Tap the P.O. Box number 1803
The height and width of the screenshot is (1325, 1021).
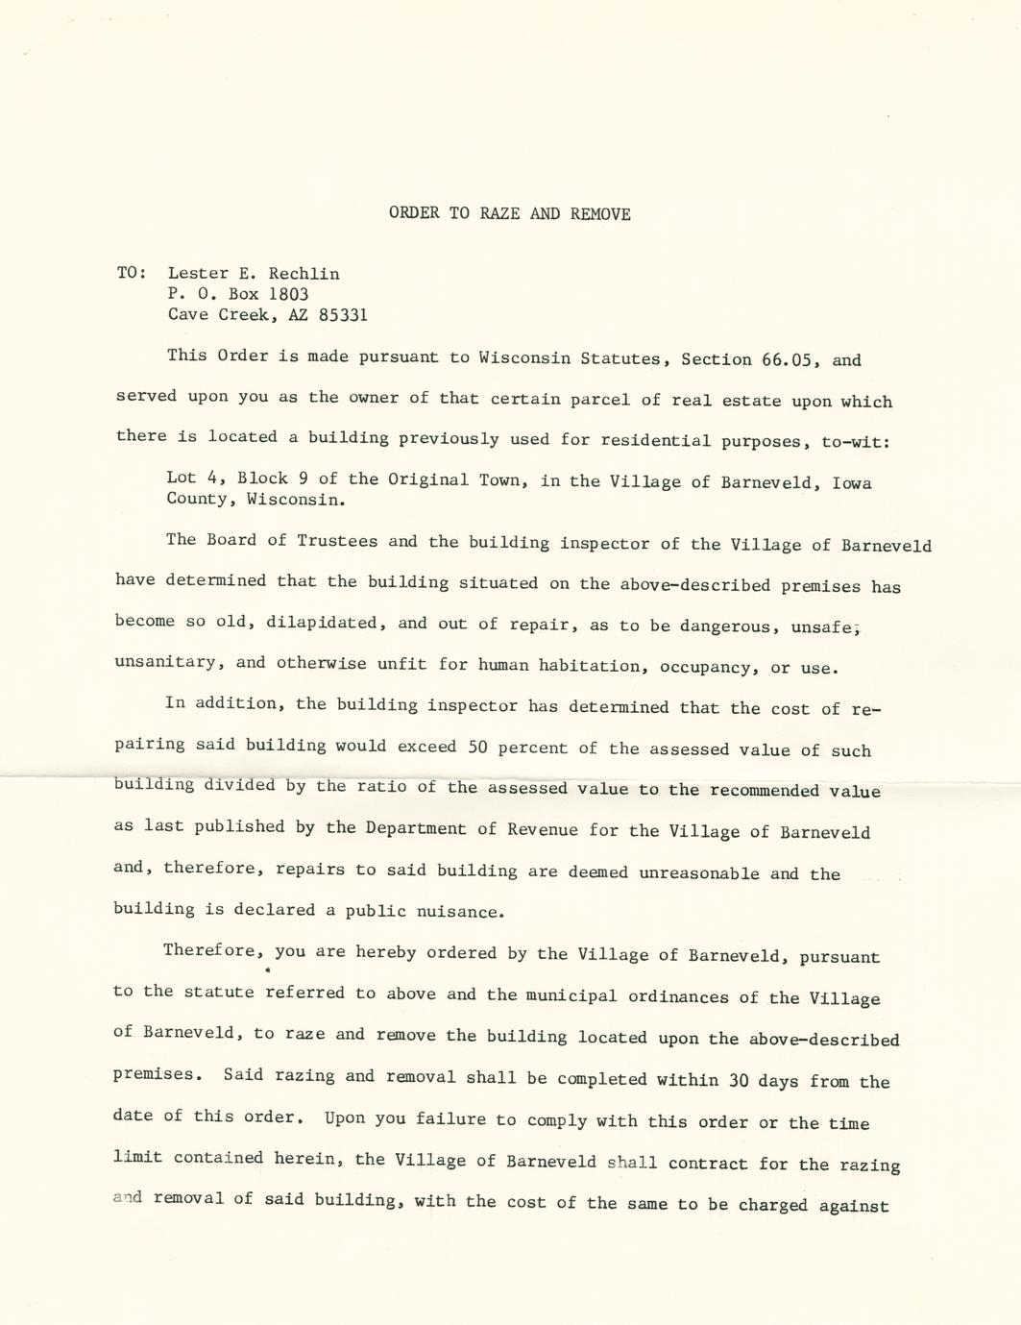point(288,294)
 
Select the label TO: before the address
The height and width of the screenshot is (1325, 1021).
point(132,273)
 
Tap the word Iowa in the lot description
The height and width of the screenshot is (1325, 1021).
point(852,482)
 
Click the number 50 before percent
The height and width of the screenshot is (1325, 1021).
point(478,747)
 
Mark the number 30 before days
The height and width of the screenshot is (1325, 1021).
point(739,1080)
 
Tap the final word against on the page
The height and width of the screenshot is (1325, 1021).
point(854,1206)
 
